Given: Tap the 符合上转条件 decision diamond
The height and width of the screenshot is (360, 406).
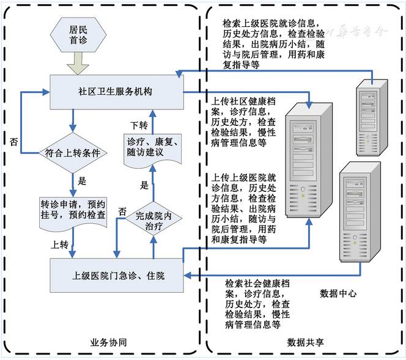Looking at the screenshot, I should [73, 151].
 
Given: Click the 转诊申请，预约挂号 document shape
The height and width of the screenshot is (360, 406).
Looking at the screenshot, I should [73, 210].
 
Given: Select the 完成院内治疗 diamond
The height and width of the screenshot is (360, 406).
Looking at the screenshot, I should [152, 219].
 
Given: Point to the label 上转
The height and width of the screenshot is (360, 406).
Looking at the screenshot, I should [60, 245].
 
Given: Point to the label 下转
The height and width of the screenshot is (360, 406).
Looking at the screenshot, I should [139, 125].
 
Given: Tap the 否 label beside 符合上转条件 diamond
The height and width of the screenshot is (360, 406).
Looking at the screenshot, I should [14, 142].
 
